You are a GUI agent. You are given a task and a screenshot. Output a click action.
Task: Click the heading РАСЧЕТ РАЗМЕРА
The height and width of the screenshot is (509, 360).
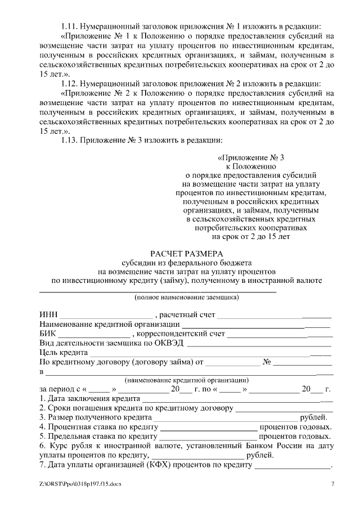186,254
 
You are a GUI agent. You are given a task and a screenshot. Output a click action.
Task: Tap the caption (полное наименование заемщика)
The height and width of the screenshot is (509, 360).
186,296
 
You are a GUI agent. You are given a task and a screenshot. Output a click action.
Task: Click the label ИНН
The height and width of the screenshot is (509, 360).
48,314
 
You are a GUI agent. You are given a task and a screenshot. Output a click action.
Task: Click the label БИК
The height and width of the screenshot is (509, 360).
48,333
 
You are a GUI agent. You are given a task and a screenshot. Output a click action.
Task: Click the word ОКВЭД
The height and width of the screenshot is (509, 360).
169,343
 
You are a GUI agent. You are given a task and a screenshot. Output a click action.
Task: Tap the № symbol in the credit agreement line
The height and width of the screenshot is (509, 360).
268,362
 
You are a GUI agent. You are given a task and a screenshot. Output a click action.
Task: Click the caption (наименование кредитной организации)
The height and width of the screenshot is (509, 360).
186,380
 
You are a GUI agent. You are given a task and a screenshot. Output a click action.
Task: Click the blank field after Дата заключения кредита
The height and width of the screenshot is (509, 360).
236,398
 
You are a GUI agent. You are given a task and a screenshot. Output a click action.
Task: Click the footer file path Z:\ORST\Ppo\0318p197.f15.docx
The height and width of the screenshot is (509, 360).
80,484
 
